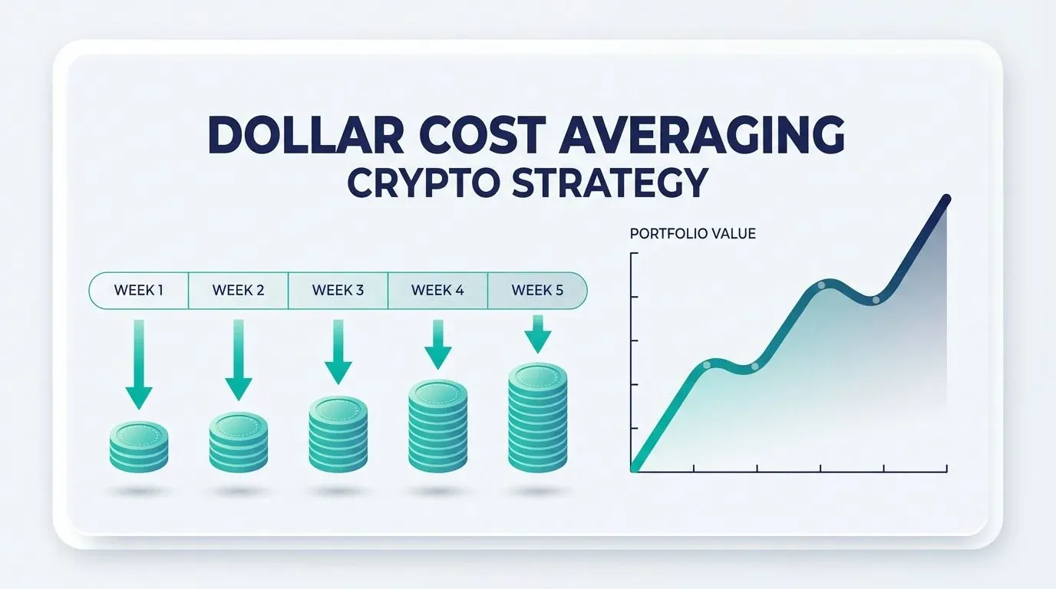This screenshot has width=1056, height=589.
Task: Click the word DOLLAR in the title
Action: pyautogui.click(x=305, y=134)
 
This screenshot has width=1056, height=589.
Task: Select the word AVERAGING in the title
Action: pyautogui.click(x=701, y=134)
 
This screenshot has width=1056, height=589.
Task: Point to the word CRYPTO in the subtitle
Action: pyautogui.click(x=423, y=183)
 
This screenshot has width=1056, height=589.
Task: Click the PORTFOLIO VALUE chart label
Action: pyautogui.click(x=692, y=234)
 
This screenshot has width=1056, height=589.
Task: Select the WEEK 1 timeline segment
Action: pyautogui.click(x=139, y=290)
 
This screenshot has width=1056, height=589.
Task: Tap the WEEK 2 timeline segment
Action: pyautogui.click(x=238, y=290)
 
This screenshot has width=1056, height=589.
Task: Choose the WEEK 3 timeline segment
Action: pyautogui.click(x=338, y=290)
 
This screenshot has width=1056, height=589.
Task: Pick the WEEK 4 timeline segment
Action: pyautogui.click(x=437, y=290)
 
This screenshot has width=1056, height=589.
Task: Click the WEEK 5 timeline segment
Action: pyautogui.click(x=537, y=290)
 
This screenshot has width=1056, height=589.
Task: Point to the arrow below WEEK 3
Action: pyautogui.click(x=338, y=352)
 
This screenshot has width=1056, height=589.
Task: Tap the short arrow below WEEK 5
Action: pyautogui.click(x=538, y=334)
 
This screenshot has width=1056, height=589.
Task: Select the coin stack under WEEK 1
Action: pyautogui.click(x=139, y=446)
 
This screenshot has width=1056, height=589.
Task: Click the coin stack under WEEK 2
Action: pyautogui.click(x=239, y=443)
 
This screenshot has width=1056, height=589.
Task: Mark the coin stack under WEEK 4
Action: pyautogui.click(x=438, y=426)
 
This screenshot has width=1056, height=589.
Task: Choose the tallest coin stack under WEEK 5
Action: pyautogui.click(x=538, y=417)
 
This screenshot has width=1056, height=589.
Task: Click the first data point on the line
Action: pyautogui.click(x=707, y=365)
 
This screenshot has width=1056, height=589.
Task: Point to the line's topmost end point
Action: pyautogui.click(x=945, y=199)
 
